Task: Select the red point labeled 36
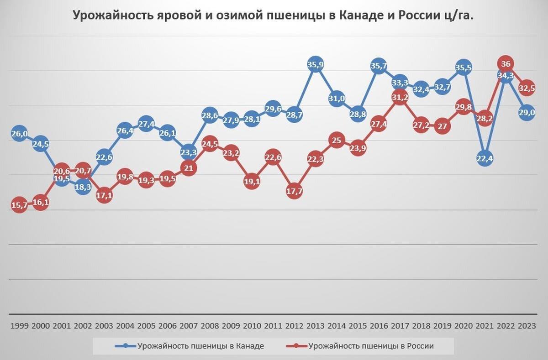506,64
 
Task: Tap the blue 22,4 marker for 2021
485,158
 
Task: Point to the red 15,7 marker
19,205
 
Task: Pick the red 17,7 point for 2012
294,192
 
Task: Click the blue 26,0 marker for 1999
19,133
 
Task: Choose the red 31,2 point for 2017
400,97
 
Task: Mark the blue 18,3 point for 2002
83,187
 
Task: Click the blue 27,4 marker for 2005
146,124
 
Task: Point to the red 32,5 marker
527,88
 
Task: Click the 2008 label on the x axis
210,326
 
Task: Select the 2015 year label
358,326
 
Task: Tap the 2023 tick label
527,326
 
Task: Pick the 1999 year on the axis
19,326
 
